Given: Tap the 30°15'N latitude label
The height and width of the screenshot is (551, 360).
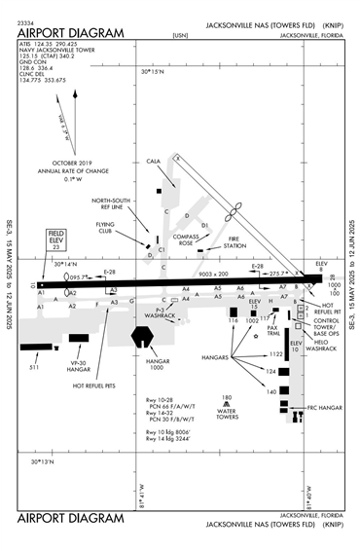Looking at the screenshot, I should (153, 72).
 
